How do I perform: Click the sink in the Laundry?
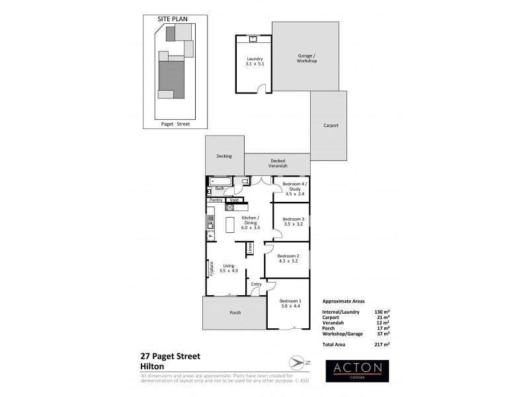click(x=253, y=39)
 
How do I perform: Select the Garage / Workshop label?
click(x=306, y=58)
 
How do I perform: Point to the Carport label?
click(x=331, y=125)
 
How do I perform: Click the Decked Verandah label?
click(x=277, y=163)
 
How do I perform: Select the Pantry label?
click(x=216, y=200)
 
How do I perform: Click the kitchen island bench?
click(x=230, y=225)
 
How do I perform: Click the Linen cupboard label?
click(x=251, y=247)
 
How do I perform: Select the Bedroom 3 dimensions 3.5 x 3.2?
click(x=293, y=224)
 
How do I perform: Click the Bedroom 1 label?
click(x=290, y=302)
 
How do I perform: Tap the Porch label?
click(x=235, y=312)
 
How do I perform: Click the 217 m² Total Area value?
click(x=381, y=345)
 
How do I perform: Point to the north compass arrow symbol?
click(x=294, y=361)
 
